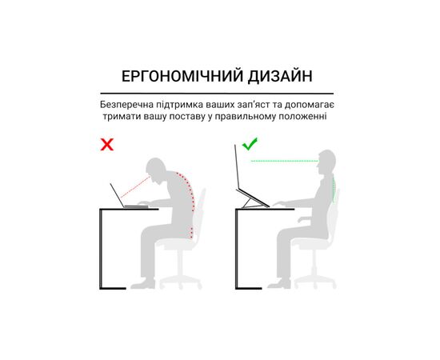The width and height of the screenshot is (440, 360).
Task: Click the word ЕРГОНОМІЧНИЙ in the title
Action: (182, 76)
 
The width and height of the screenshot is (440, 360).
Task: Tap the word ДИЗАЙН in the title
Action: (280, 76)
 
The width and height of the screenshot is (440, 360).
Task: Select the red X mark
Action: (107, 144)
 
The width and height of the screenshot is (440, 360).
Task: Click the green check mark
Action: (250, 144)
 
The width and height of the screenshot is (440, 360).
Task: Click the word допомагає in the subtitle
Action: (309, 106)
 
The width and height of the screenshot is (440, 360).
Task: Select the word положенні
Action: (302, 117)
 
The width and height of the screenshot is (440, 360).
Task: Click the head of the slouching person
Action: (156, 170)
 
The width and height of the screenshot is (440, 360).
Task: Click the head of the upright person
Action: (326, 162)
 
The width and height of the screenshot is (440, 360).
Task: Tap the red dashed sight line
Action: (135, 187)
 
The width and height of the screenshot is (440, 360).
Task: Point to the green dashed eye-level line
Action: (285, 161)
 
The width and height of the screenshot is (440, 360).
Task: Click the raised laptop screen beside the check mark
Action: (237, 167)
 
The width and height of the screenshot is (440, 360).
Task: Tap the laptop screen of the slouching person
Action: (117, 195)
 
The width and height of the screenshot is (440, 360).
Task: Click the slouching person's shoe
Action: (143, 284)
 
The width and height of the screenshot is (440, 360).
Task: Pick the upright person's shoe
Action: (279, 284)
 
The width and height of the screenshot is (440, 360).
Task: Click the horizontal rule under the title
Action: (217, 93)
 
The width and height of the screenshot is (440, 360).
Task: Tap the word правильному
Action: (247, 117)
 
